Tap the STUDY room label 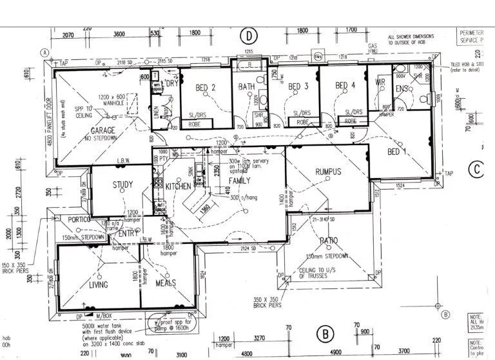tap(122, 185)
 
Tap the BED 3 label tap(298, 86)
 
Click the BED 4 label tap(345, 85)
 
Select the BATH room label tap(246, 86)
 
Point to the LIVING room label tap(98, 285)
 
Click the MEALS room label tap(165, 285)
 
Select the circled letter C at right tap(476, 169)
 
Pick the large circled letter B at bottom tap(326, 334)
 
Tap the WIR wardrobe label tap(380, 83)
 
